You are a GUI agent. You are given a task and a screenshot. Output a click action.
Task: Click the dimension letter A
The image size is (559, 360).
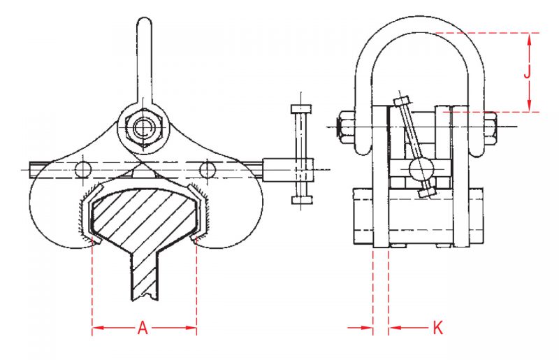click(143, 328)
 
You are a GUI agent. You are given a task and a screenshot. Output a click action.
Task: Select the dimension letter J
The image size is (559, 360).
click(529, 71)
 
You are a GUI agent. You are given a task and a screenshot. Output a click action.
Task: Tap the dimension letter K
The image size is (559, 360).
click(438, 328)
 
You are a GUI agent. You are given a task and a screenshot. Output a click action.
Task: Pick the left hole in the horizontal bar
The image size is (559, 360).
click(83, 168)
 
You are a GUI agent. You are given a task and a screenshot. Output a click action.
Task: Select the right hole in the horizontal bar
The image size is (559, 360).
click(208, 168)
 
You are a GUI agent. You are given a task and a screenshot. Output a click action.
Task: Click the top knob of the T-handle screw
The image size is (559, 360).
click(300, 110)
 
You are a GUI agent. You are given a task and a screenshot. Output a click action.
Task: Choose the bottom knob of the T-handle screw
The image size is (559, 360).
click(300, 201)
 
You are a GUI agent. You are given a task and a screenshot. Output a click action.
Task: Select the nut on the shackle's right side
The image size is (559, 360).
click(489, 126)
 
